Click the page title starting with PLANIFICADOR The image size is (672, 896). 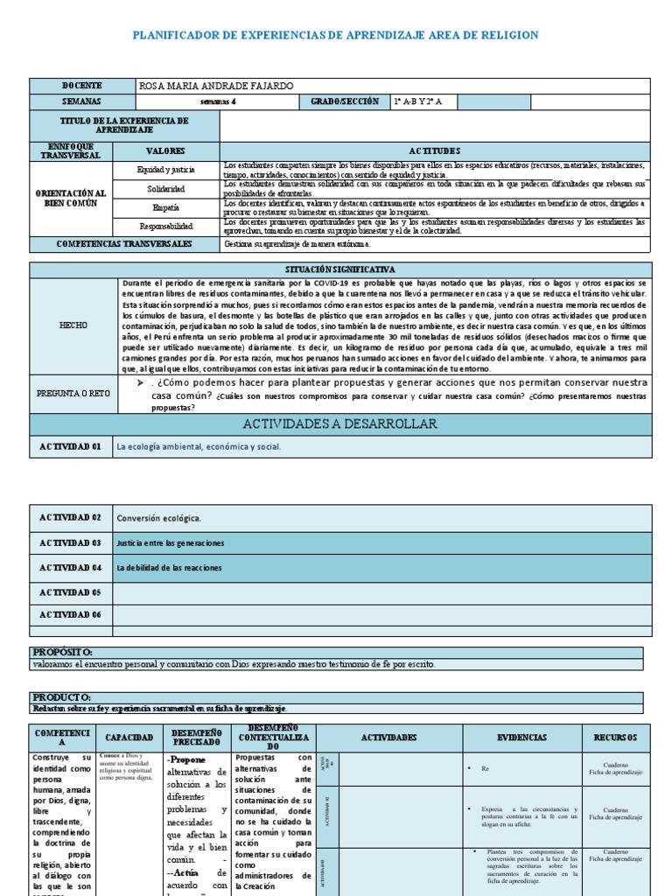point(335,35)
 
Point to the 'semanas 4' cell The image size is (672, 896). point(218,101)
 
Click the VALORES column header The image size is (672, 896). point(165,150)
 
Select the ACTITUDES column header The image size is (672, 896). point(434,150)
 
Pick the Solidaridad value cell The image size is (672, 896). point(167,189)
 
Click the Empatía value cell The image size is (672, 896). point(166,208)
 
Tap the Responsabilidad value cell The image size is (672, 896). point(166,227)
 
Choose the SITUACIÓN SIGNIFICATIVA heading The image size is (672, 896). point(340,269)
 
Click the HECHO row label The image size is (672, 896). point(73,325)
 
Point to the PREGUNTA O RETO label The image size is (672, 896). point(73,394)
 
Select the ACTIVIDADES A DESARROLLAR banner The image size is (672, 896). point(340,424)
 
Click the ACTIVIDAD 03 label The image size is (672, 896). point(71,542)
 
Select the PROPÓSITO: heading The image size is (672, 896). point(62,653)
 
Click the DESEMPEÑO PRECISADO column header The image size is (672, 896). point(197,738)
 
